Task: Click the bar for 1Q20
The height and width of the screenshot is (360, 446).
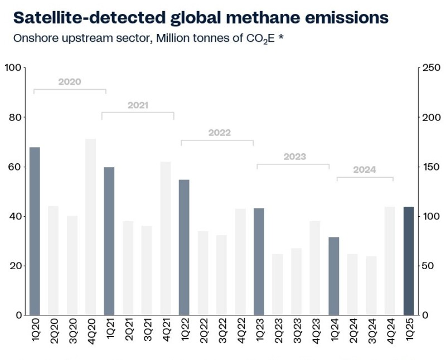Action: pyautogui.click(x=35, y=231)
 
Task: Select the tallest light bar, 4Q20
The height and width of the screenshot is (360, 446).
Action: pyautogui.click(x=90, y=227)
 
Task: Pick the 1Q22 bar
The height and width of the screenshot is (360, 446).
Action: pyautogui.click(x=184, y=247)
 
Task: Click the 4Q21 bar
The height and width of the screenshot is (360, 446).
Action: pyautogui.click(x=166, y=238)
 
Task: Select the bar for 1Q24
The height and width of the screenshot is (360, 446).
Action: pyautogui.click(x=333, y=276)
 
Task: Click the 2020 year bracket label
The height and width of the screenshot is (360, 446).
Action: pyautogui.click(x=70, y=81)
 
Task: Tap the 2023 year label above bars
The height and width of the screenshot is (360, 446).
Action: pyautogui.click(x=294, y=157)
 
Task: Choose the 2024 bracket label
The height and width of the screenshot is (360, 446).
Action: pyautogui.click(x=365, y=169)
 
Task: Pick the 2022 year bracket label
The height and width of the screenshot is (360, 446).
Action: pyautogui.click(x=219, y=133)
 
